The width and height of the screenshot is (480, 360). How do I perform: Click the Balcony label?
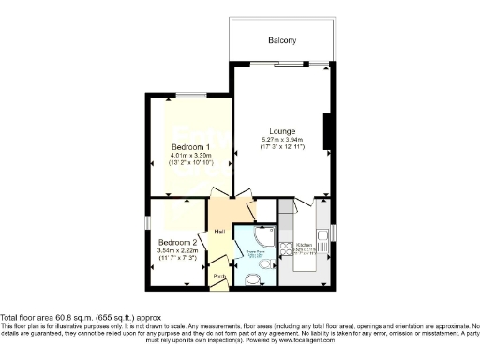coord(281,40)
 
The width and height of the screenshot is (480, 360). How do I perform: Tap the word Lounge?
coord(282,130)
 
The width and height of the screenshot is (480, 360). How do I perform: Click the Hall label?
coord(218,231)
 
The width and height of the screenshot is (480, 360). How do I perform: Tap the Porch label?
coord(219,277)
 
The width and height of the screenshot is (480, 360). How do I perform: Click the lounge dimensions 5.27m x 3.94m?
coord(282,140)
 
